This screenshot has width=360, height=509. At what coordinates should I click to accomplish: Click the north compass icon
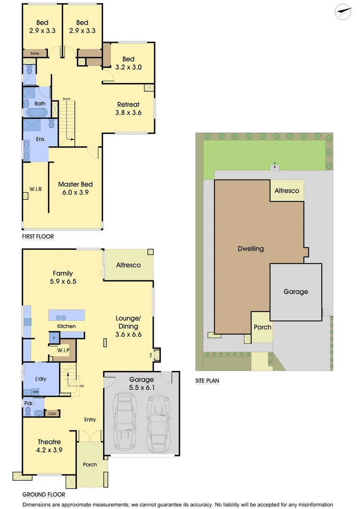(343, 12)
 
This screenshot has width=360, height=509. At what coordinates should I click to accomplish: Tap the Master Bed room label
(75, 189)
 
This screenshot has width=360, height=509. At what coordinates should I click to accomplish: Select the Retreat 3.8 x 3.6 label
(128, 108)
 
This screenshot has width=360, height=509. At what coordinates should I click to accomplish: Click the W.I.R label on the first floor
(36, 189)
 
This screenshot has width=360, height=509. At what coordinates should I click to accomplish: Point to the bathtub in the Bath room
(36, 112)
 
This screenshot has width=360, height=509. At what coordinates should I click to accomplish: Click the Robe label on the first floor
(35, 54)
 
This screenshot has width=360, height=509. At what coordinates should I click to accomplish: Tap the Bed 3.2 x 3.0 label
(128, 63)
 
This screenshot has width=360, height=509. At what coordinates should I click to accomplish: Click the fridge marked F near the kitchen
(54, 338)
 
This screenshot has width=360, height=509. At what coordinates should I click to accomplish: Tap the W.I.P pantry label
(63, 350)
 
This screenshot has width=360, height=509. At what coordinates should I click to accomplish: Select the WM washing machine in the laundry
(36, 392)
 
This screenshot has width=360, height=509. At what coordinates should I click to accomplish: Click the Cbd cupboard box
(52, 413)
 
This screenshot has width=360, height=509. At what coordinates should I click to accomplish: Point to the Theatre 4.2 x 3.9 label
(49, 446)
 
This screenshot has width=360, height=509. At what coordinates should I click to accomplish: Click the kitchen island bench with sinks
(66, 315)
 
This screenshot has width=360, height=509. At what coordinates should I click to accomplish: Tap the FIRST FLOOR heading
(38, 237)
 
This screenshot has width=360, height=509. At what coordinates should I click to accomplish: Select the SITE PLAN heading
(207, 381)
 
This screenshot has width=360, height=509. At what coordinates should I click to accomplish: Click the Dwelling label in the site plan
(251, 248)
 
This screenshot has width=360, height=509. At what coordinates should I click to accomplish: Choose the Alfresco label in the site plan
(287, 191)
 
